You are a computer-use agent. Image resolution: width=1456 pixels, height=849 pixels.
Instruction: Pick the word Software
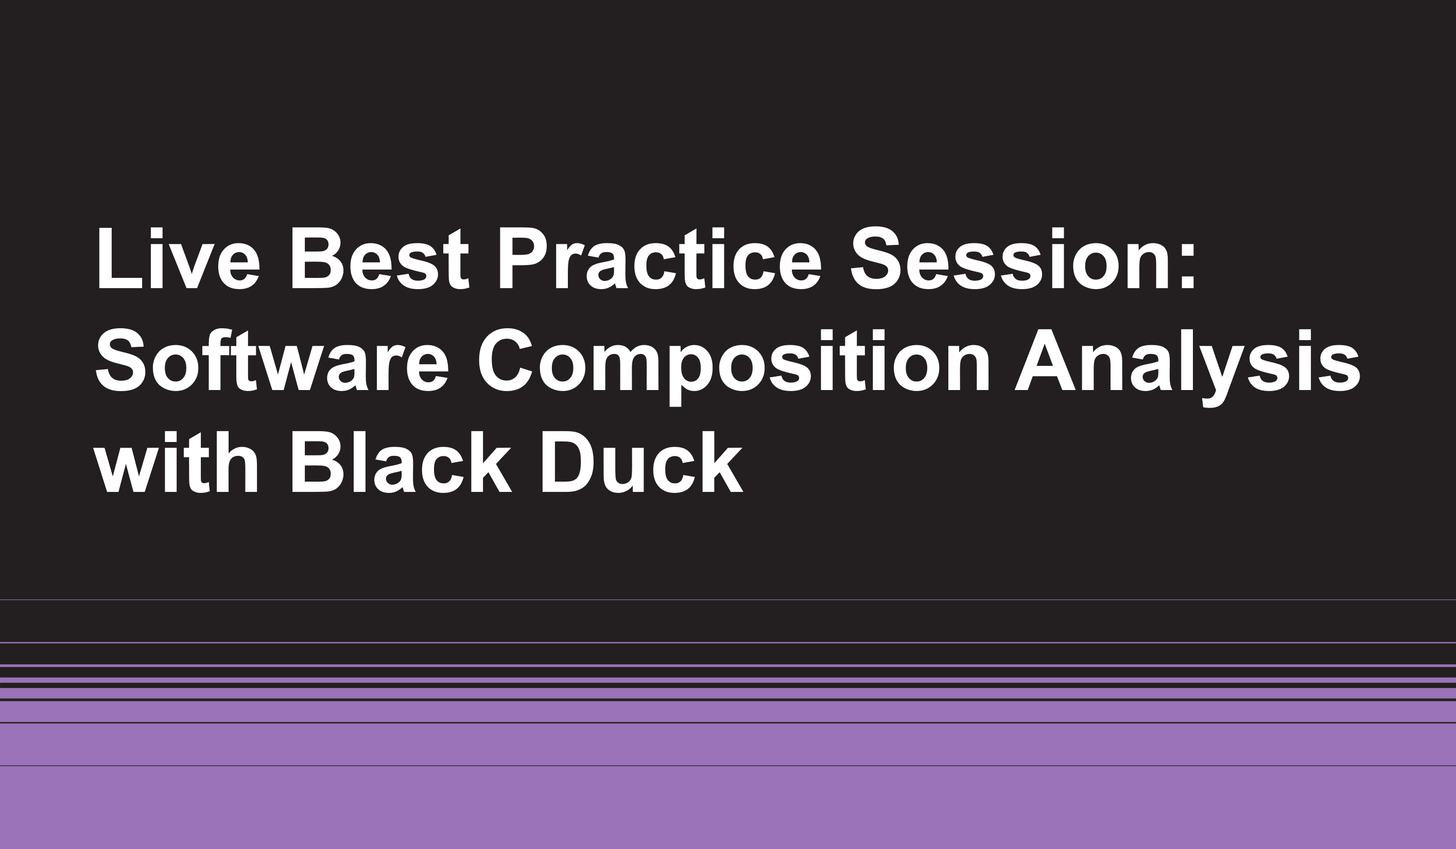(271, 360)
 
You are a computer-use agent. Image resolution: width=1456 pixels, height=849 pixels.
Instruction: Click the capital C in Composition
(506, 360)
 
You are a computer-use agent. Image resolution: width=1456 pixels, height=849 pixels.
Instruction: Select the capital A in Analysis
(1045, 360)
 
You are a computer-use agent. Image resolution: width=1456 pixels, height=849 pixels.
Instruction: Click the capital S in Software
(121, 360)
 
